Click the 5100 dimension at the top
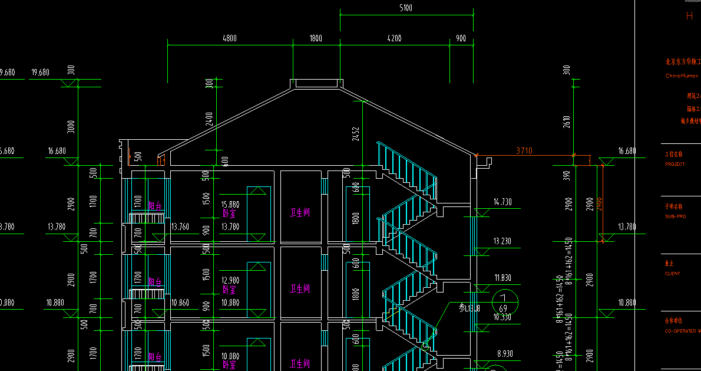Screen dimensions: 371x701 coord(405,8)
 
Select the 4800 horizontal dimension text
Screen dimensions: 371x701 coord(230,38)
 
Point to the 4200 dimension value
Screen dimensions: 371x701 coord(395,38)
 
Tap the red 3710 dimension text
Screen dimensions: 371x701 coord(524,151)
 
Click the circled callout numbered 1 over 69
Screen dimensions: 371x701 coord(504,303)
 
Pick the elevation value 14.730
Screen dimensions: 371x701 coord(502,202)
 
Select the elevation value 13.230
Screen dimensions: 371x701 coord(502,241)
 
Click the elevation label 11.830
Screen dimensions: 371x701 coord(502,278)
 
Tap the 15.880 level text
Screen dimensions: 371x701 coord(230,205)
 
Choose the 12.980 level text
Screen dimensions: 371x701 coord(230,280)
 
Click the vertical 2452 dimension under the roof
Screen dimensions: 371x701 coord(355,133)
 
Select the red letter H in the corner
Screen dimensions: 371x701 coord(689,17)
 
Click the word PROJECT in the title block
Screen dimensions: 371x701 coord(675,165)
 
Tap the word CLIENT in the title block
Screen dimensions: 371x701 coord(673,274)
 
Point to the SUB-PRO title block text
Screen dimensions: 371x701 coord(675,216)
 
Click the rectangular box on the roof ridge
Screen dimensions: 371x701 coord(316,83)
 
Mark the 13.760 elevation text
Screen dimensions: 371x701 coord(180,226)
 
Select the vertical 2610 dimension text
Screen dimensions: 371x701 coord(567,122)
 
